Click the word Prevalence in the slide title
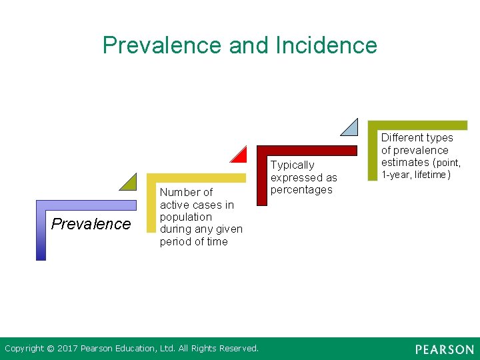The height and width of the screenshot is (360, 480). point(163,45)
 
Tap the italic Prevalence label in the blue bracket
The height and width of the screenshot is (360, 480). point(91,224)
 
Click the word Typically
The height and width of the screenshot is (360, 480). point(292,165)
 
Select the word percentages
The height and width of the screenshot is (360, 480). point(301,190)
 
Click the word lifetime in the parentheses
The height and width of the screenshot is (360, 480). point(431,175)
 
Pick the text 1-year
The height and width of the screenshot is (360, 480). point(395,175)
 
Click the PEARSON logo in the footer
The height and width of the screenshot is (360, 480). point(444,349)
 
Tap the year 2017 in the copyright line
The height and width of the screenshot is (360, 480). point(67,349)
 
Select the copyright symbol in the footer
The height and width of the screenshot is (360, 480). point(50,349)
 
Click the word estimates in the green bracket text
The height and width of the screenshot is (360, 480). point(405,163)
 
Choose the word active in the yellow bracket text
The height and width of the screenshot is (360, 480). point(173,205)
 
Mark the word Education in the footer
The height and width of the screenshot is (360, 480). point(142,349)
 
